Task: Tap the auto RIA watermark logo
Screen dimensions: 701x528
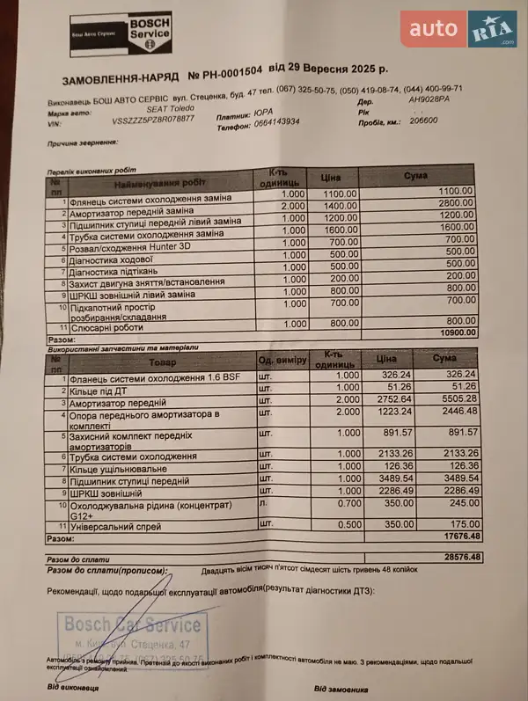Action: [x=458, y=29]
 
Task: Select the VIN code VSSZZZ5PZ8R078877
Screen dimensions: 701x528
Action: [x=154, y=118]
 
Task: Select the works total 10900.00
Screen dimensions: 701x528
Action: [x=455, y=332]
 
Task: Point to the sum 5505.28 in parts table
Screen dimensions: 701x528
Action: [x=457, y=398]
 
